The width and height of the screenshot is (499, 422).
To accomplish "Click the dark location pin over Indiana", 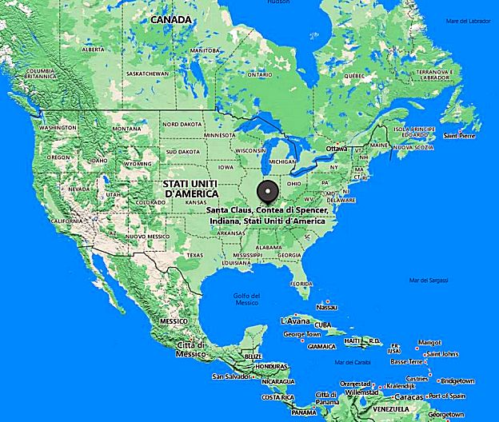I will click(x=267, y=193).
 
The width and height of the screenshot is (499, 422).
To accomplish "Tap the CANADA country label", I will click(x=170, y=19).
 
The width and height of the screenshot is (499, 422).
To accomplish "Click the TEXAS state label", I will click(x=194, y=255).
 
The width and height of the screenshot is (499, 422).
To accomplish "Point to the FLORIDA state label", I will click(x=301, y=283).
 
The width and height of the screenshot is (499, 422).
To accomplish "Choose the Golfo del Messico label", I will click(x=246, y=299).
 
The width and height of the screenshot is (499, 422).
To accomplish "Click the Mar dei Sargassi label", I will click(x=428, y=280).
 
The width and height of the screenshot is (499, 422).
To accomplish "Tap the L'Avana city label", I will click(x=293, y=320).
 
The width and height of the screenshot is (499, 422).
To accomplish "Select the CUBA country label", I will click(x=322, y=325).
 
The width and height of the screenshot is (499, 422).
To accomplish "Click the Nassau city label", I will click(x=326, y=307).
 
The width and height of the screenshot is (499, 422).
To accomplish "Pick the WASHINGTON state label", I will click(x=57, y=128).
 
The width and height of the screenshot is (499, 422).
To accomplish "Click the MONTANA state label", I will click(x=126, y=129).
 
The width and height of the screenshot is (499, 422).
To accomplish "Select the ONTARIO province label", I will click(x=260, y=74).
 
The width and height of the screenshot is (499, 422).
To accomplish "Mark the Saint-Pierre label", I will click(x=461, y=136).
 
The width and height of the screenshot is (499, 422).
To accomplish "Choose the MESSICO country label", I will click(x=174, y=320).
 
